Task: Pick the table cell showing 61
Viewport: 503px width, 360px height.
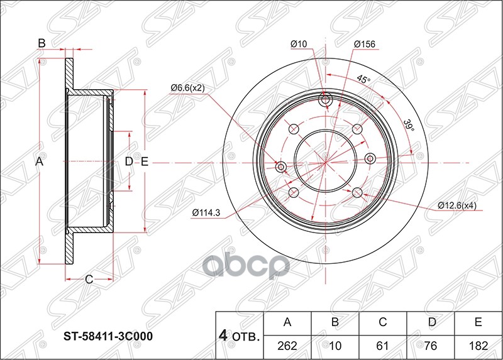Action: click(x=383, y=345)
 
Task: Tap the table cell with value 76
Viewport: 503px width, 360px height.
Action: click(x=431, y=345)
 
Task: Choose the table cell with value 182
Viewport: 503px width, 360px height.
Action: click(x=478, y=345)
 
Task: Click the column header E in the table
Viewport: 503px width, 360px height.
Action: click(x=478, y=323)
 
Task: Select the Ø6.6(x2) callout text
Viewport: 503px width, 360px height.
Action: click(x=187, y=87)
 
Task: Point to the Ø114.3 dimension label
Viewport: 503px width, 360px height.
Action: click(x=206, y=212)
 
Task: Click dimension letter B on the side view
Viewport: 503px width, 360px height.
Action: click(x=41, y=43)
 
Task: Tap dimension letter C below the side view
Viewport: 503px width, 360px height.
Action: click(x=89, y=280)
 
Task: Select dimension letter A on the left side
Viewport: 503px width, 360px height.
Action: click(x=38, y=162)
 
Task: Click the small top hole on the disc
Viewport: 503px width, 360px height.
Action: click(x=325, y=101)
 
